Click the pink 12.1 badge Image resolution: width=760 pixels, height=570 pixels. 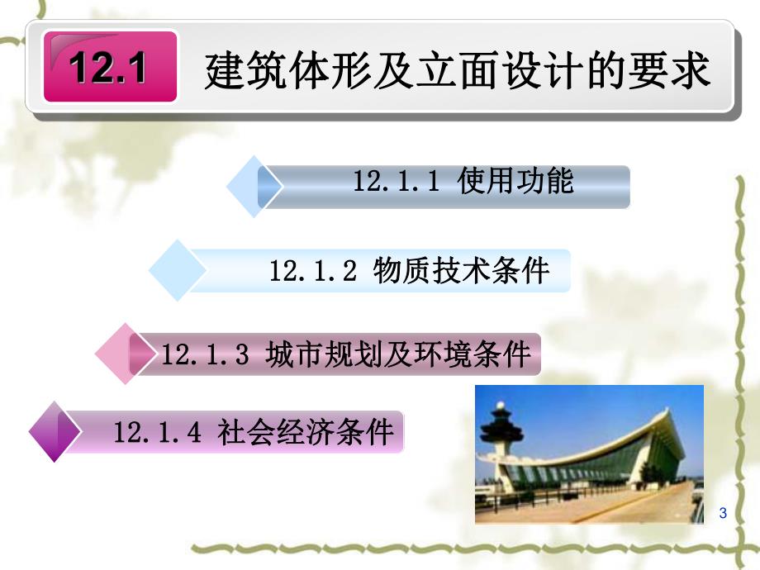pos(110,67)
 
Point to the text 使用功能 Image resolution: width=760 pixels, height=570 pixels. pos(515,182)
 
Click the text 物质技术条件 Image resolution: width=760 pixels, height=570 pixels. pos(461,270)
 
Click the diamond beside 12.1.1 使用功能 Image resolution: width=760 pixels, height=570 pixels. pos(252,187)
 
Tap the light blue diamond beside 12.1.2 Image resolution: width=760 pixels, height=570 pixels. pos(177,270)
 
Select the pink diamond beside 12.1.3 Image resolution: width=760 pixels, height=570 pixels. pos(124,355)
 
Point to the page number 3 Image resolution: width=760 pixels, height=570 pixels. pos(723,514)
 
